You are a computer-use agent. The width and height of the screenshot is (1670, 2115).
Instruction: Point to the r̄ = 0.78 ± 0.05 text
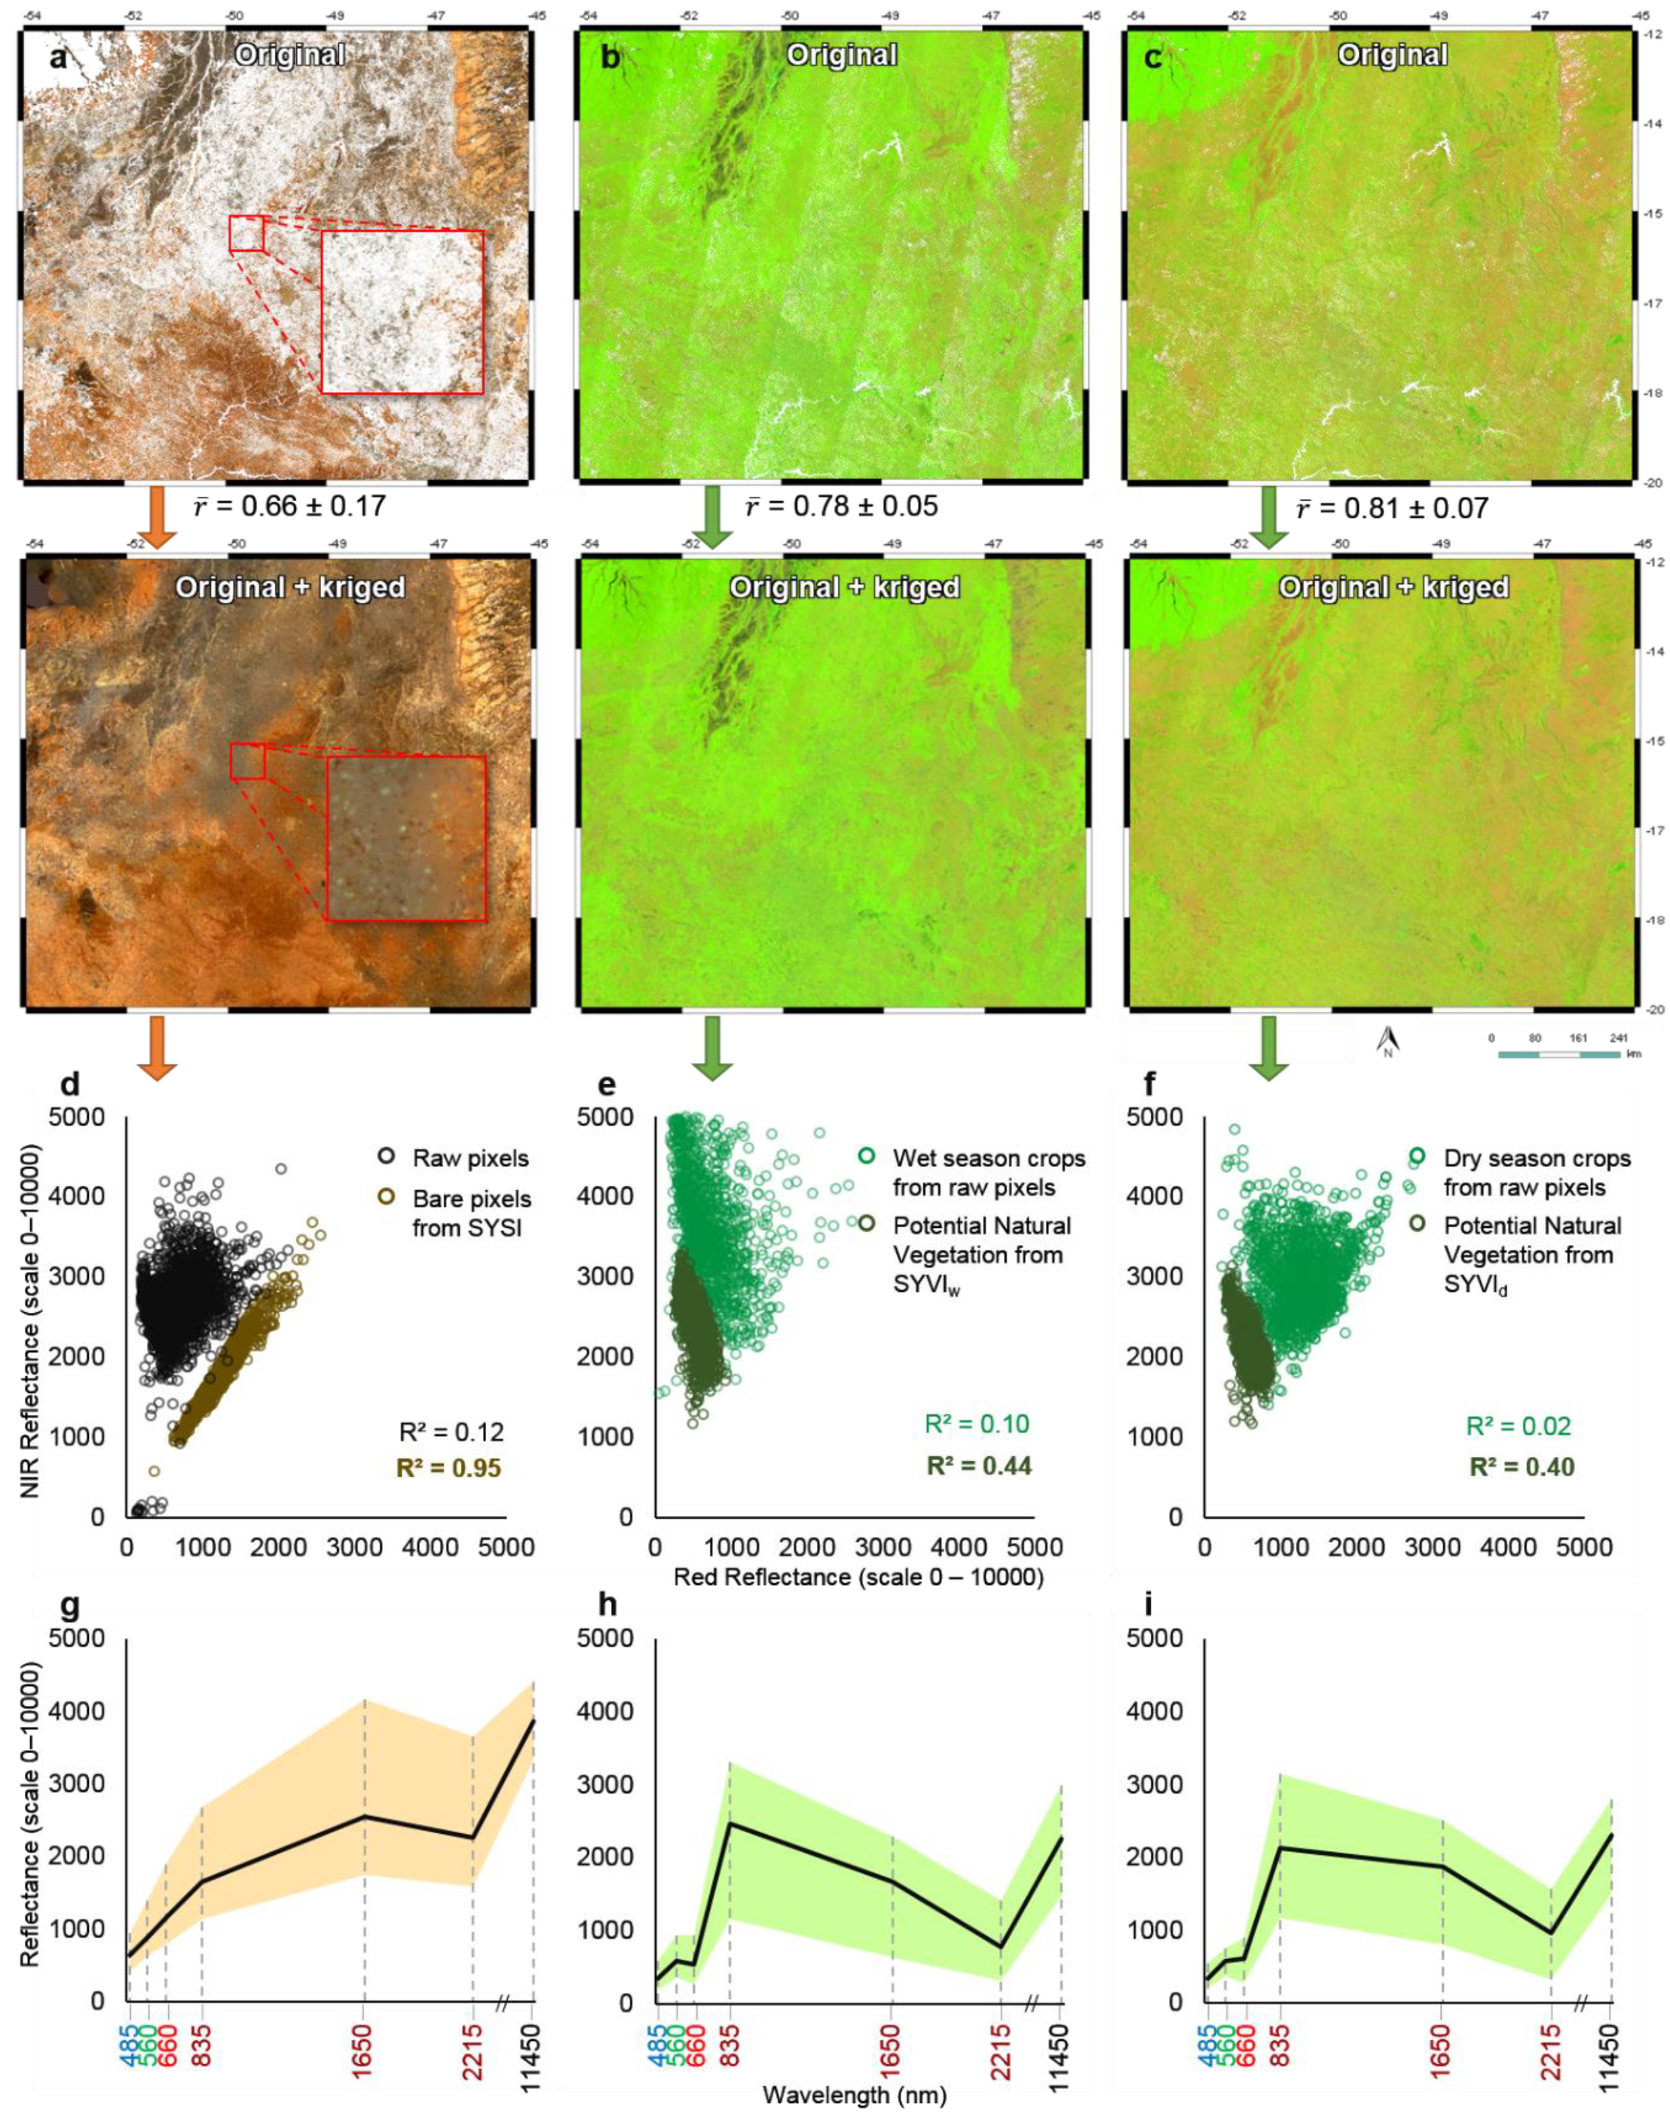841,506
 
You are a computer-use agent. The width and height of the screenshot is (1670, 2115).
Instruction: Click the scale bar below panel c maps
1558,1054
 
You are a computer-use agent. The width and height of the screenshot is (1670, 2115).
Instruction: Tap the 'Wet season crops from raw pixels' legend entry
987,1172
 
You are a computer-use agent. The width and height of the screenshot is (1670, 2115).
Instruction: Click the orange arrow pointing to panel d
157,1047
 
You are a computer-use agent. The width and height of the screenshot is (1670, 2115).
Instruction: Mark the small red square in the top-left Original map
246,234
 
